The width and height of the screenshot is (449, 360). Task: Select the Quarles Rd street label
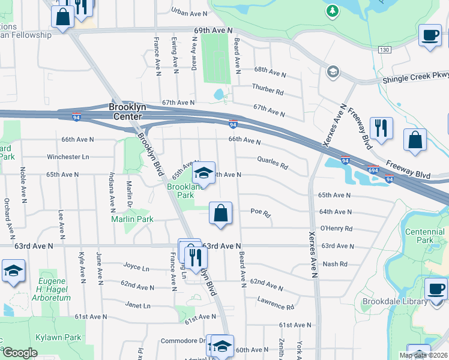point(273,163)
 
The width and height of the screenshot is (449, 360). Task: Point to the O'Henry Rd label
point(336,228)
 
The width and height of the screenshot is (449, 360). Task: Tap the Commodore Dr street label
point(183,341)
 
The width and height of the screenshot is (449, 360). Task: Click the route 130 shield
point(385,50)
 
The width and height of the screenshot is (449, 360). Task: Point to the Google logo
point(20,353)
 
